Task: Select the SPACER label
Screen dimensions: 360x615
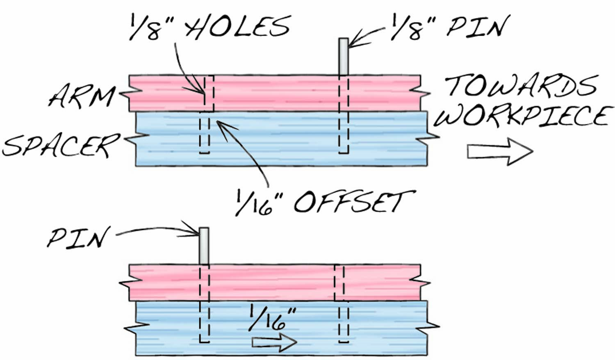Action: click(x=61, y=145)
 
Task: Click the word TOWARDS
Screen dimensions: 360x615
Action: click(x=521, y=86)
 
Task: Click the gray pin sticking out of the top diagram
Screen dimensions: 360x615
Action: click(x=344, y=57)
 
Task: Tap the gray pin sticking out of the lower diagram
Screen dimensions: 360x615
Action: click(x=204, y=246)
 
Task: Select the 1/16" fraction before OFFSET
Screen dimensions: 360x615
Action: click(x=254, y=202)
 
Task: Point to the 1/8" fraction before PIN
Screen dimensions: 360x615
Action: click(x=408, y=27)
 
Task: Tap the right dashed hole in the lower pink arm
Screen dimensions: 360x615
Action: click(x=339, y=283)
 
